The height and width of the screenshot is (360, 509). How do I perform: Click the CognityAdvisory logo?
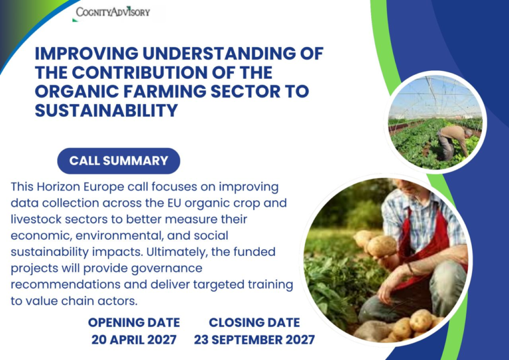point(113,13)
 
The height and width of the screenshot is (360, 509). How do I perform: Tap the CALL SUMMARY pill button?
point(119,161)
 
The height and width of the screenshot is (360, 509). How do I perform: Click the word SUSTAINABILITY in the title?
point(107,110)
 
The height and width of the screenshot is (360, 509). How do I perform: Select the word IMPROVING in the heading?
point(87,54)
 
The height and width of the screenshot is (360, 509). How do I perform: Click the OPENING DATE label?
point(134,322)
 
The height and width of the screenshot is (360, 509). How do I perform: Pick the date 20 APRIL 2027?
point(134,339)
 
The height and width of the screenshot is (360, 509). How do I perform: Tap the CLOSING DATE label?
point(254,322)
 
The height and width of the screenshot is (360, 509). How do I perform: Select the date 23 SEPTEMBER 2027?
point(254,339)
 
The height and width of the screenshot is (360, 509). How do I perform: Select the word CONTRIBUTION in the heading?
point(139,72)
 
